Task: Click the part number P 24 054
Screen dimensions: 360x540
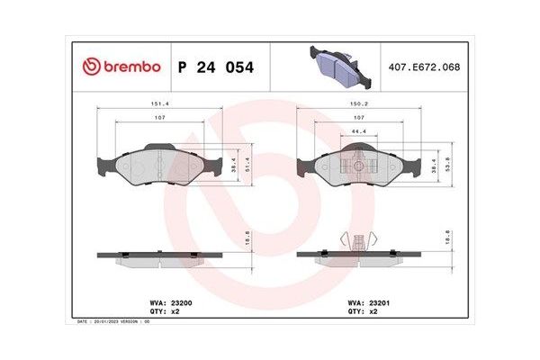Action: pos(216,67)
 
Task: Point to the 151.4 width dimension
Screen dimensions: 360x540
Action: pos(160,103)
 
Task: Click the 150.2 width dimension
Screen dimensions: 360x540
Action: pos(359,103)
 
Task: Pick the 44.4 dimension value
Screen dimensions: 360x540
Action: pos(359,131)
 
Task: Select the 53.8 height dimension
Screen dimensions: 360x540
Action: pos(447,164)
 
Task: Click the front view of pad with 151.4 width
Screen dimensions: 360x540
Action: pos(159,166)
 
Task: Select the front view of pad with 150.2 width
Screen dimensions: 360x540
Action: pos(359,167)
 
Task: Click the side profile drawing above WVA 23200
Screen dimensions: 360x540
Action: pos(159,257)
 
